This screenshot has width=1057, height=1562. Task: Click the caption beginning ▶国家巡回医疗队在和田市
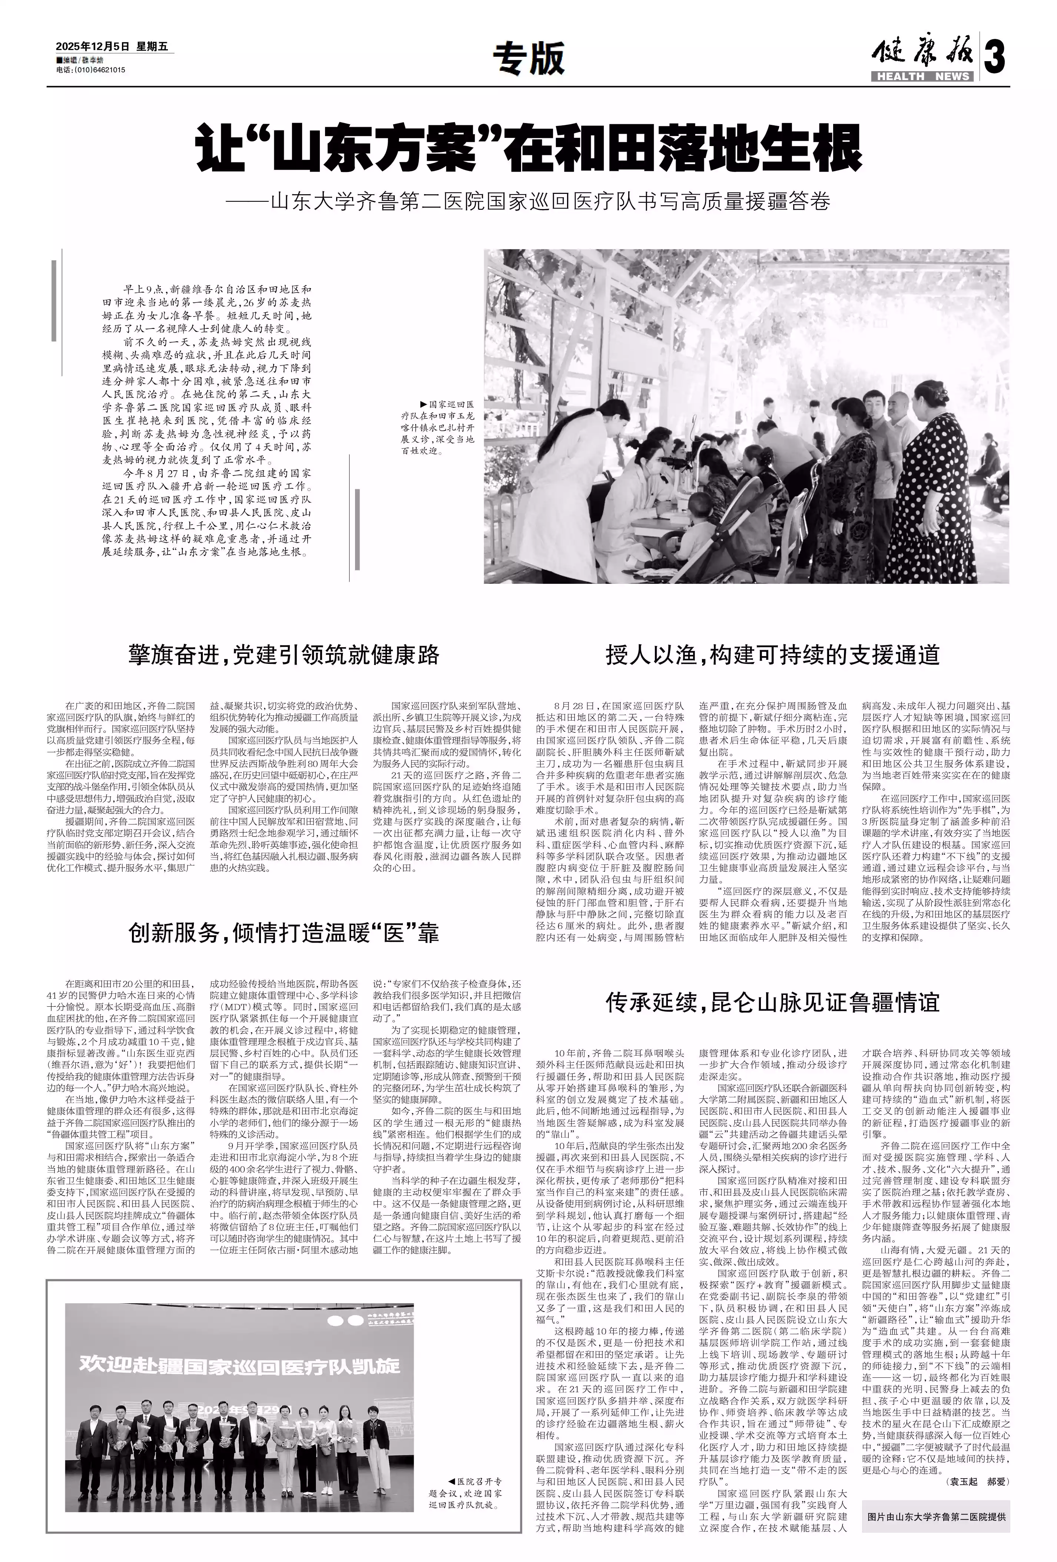click(437, 427)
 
